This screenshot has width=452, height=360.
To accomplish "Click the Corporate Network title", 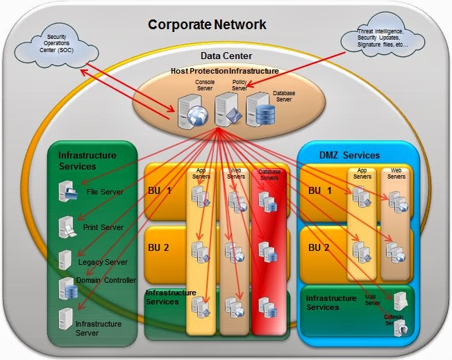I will click(x=206, y=25).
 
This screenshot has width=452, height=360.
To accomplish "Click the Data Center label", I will click(x=226, y=56).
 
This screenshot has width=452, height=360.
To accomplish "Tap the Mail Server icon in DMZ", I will click(x=400, y=301).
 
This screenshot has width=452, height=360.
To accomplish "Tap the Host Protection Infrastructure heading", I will click(x=224, y=72).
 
